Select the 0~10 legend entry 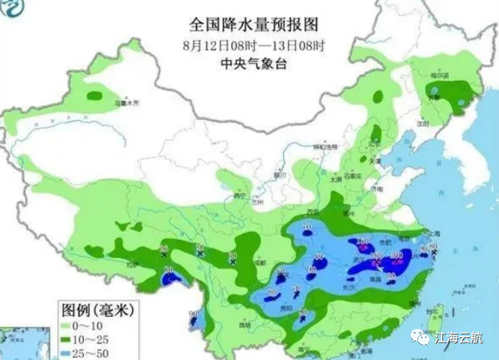pyautogui.click(x=85, y=325)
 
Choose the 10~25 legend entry pyautogui.click(x=86, y=339)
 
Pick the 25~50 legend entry pyautogui.click(x=86, y=352)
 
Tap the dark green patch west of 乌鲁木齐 pyautogui.click(x=95, y=96)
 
